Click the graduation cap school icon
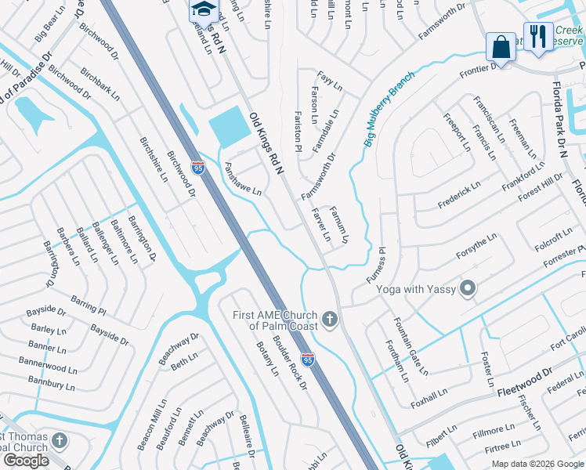pyautogui.click(x=204, y=10)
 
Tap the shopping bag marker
pyautogui.click(x=501, y=47)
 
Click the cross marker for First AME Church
pyautogui.click(x=330, y=320)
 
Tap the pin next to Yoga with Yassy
pyautogui.click(x=468, y=289)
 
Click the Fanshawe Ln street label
pyautogui.click(x=243, y=179)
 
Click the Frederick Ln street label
pyautogui.click(x=459, y=191)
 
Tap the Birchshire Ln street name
pyautogui.click(x=154, y=160)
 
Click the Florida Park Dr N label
pyautogui.click(x=562, y=117)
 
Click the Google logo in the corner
pyautogui.click(x=27, y=461)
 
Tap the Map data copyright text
pyautogui.click(x=537, y=464)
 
